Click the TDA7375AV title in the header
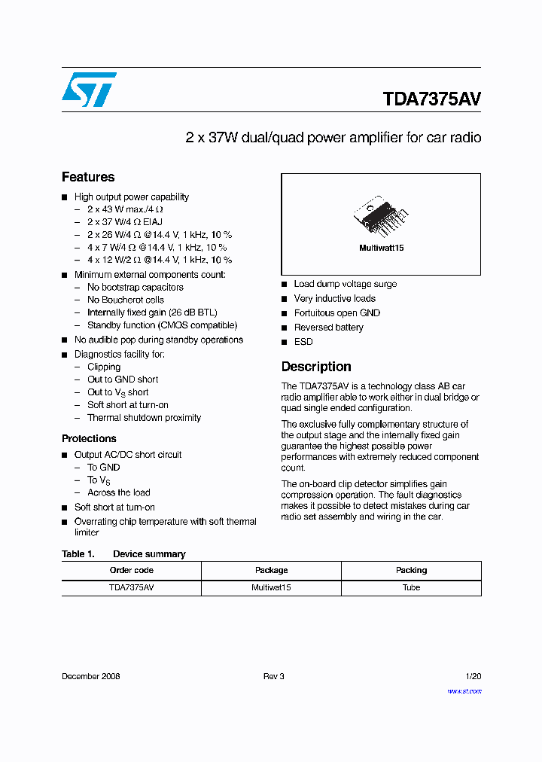431,99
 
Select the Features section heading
88,177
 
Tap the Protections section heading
89,438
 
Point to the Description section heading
316,367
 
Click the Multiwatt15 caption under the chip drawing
381,248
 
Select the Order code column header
132,570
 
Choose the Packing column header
411,570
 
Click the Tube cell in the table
411,587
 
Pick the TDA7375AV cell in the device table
132,587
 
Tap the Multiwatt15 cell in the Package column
271,587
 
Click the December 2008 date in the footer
91,676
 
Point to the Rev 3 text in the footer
273,676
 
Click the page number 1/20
473,676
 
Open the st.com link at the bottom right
464,691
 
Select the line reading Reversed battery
328,328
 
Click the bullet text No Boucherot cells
125,300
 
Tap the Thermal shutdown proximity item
144,418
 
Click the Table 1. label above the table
78,554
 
